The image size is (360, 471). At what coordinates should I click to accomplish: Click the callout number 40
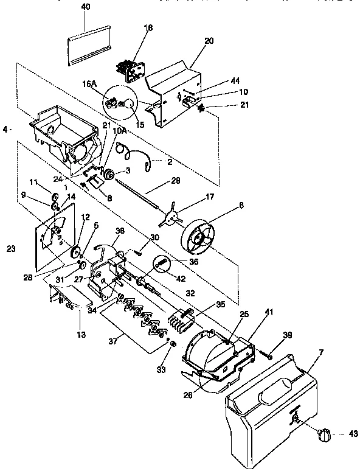pyautogui.click(x=85, y=6)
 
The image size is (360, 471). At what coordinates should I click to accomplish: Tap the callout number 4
pyautogui.click(x=5, y=129)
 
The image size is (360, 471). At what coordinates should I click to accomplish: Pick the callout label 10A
pyautogui.click(x=120, y=131)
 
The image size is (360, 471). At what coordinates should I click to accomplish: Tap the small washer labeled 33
pyautogui.click(x=173, y=345)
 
